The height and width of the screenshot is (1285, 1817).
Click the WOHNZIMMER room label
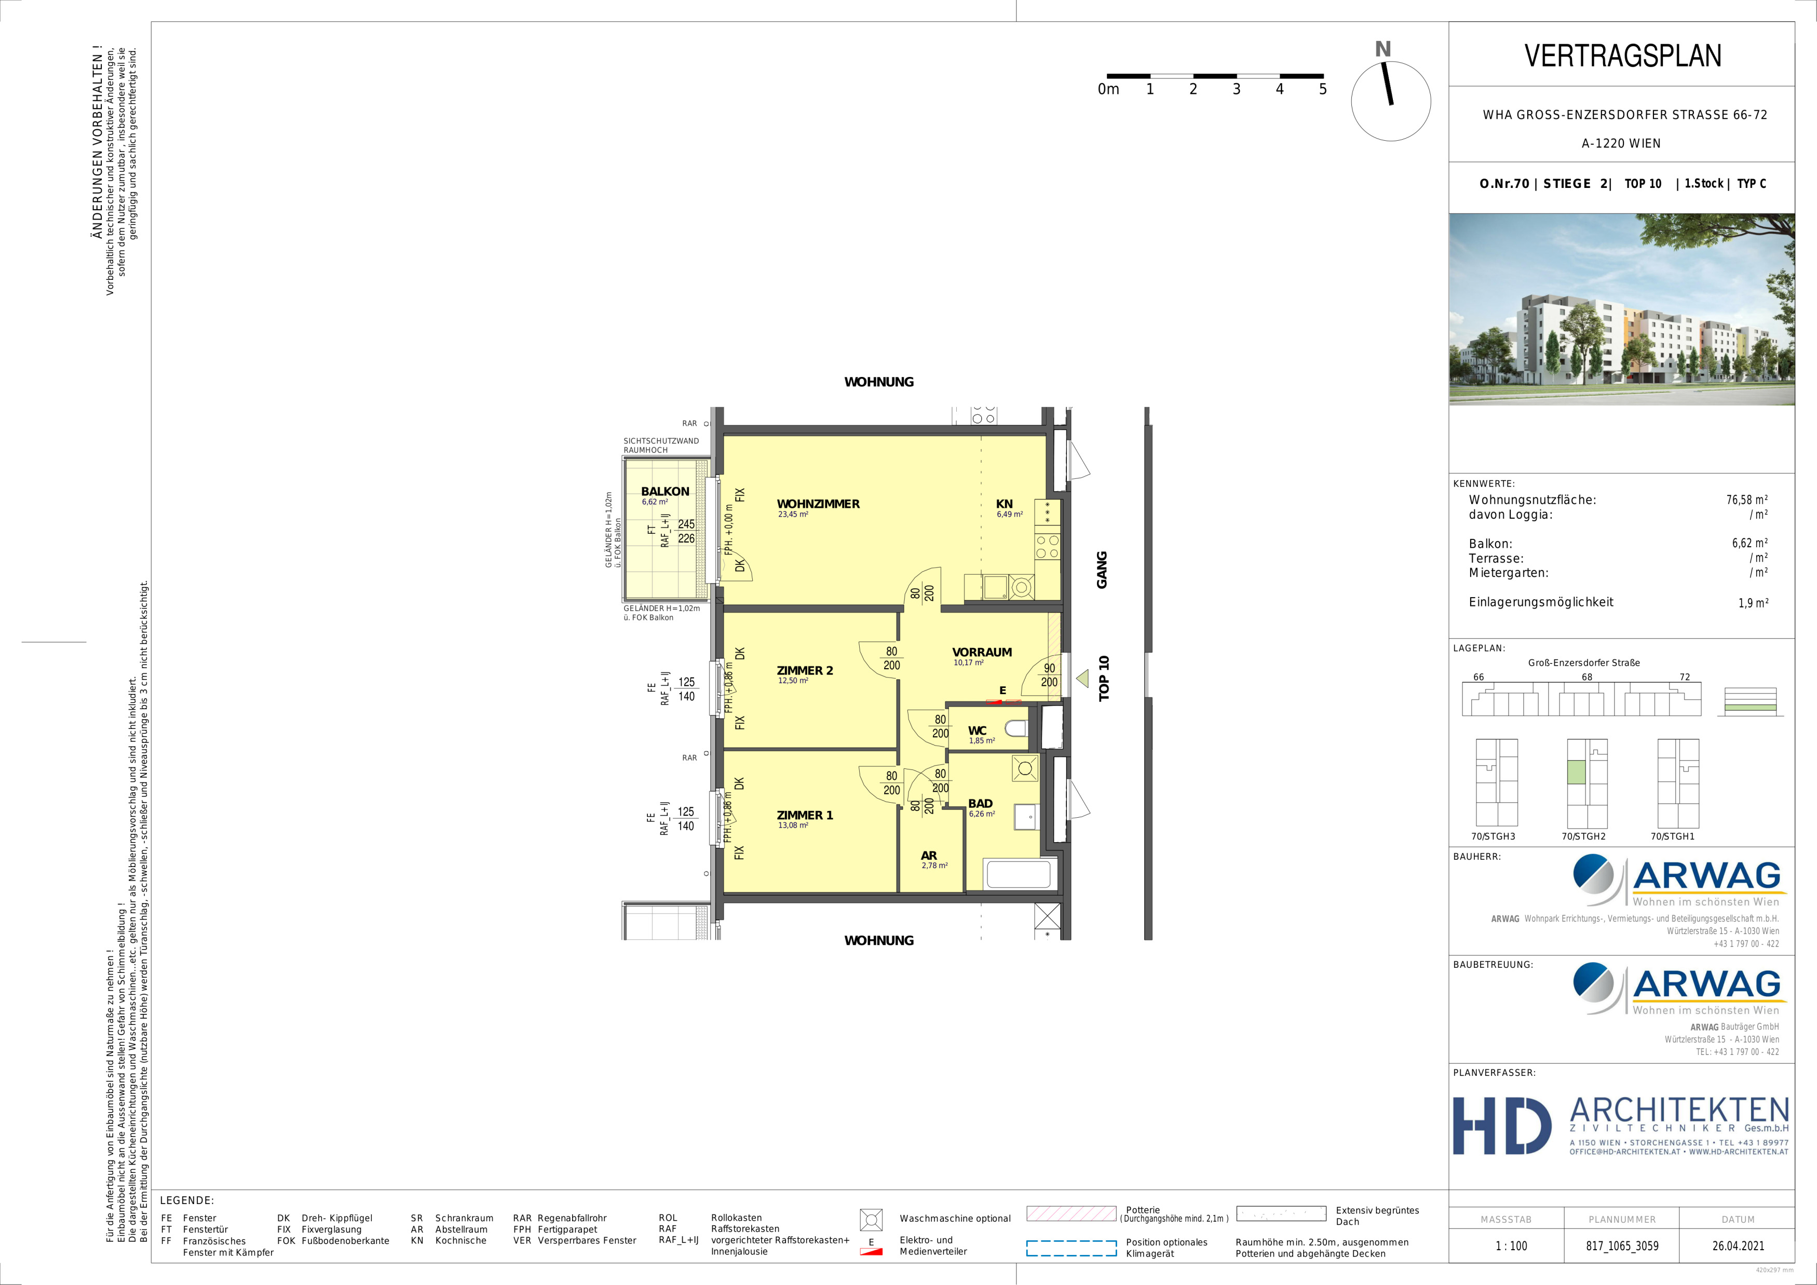(x=818, y=504)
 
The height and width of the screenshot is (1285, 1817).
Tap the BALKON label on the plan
(x=665, y=491)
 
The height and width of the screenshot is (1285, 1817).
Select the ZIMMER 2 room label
(x=805, y=671)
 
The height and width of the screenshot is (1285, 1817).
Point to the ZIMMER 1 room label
(x=805, y=816)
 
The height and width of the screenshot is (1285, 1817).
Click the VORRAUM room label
(x=982, y=653)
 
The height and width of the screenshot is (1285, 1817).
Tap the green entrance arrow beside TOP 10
(x=1082, y=678)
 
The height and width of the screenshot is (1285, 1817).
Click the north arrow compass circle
(x=1390, y=101)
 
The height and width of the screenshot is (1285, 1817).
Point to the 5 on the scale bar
(x=1322, y=89)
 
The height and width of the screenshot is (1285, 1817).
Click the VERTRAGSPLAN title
(x=1622, y=56)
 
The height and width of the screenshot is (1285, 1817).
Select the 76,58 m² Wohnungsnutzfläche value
(x=1746, y=500)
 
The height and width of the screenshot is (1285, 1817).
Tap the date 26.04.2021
(x=1738, y=1246)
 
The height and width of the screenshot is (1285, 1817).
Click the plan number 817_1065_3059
(x=1621, y=1246)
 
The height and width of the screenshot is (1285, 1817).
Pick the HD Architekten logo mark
(x=1501, y=1126)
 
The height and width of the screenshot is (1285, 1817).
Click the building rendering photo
(x=1621, y=309)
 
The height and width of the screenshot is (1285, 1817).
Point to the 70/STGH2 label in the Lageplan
(x=1583, y=836)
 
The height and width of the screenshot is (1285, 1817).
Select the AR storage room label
(x=929, y=856)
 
